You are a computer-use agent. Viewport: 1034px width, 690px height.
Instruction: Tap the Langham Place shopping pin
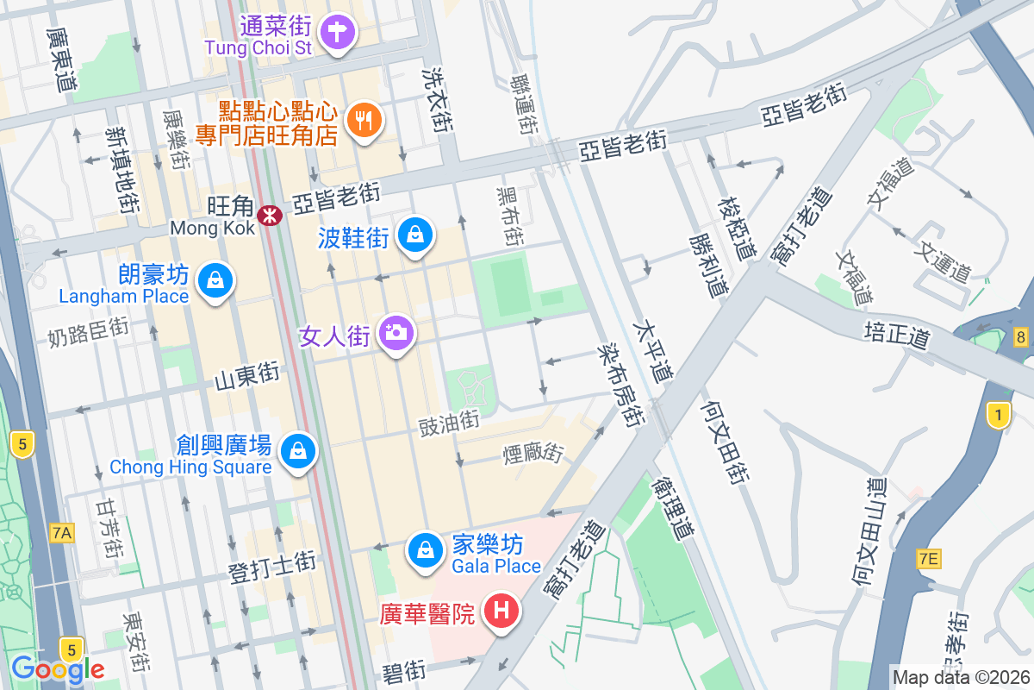click(x=214, y=280)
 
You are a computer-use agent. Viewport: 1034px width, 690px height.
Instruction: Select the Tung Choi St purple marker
click(x=337, y=34)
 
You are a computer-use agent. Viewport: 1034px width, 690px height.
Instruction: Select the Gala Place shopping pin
click(x=425, y=549)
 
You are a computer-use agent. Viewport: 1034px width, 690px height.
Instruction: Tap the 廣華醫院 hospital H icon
click(x=502, y=612)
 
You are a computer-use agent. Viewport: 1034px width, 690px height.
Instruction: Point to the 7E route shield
click(x=928, y=559)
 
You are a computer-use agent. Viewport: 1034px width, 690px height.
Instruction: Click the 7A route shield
click(x=61, y=533)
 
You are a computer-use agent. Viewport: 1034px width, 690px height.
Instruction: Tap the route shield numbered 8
click(x=1021, y=337)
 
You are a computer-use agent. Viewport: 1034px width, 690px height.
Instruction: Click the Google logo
click(x=58, y=668)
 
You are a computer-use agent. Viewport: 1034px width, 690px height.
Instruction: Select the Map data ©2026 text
click(x=962, y=678)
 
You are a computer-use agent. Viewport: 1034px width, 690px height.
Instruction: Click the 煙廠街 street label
click(x=533, y=451)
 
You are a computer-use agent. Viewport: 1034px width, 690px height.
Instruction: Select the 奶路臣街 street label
click(x=89, y=331)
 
